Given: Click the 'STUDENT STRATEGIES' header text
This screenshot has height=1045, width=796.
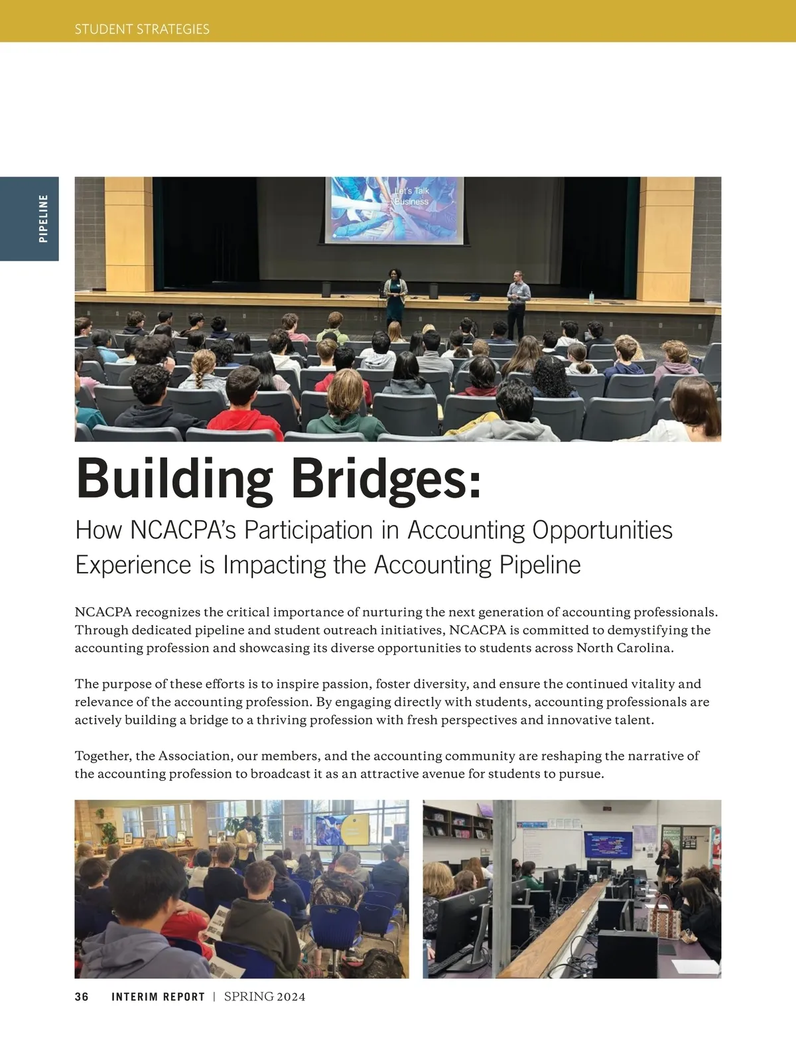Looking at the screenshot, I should tap(142, 29).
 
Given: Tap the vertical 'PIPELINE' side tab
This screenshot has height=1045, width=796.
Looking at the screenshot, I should tap(43, 218).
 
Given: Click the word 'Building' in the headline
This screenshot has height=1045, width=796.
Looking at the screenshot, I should tap(174, 478).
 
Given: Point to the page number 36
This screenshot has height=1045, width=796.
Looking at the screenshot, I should tap(82, 997).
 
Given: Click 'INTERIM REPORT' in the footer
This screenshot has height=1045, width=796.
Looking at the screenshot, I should tap(158, 997).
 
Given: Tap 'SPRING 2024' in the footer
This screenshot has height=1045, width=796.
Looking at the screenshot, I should tap(265, 997).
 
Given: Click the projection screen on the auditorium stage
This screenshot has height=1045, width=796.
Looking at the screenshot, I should tap(393, 210).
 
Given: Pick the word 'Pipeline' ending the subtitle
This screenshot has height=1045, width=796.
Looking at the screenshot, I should tap(539, 565).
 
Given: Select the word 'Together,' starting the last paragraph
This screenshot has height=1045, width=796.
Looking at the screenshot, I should tap(103, 756).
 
